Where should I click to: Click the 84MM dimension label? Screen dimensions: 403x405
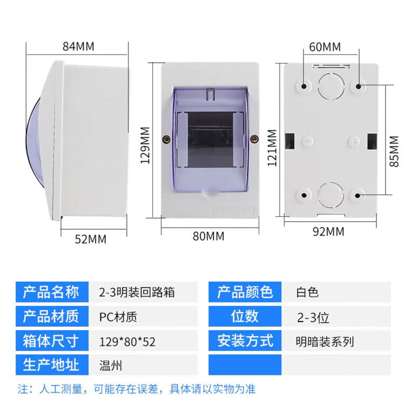[x=78, y=46]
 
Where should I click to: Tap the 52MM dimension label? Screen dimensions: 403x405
[x=90, y=238]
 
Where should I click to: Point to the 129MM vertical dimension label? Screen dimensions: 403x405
[x=144, y=149]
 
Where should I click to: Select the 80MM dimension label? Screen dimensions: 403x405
[x=208, y=236]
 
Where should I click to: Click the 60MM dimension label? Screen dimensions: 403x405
[x=325, y=46]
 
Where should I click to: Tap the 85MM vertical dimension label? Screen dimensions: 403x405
[x=396, y=152]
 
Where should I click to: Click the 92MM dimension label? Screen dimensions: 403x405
[x=328, y=232]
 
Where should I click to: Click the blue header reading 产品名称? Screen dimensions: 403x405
[x=51, y=292]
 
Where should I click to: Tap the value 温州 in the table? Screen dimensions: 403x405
[x=111, y=365]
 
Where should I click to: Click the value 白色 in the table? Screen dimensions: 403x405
[x=307, y=292]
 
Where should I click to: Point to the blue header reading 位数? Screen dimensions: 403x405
[x=245, y=317]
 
